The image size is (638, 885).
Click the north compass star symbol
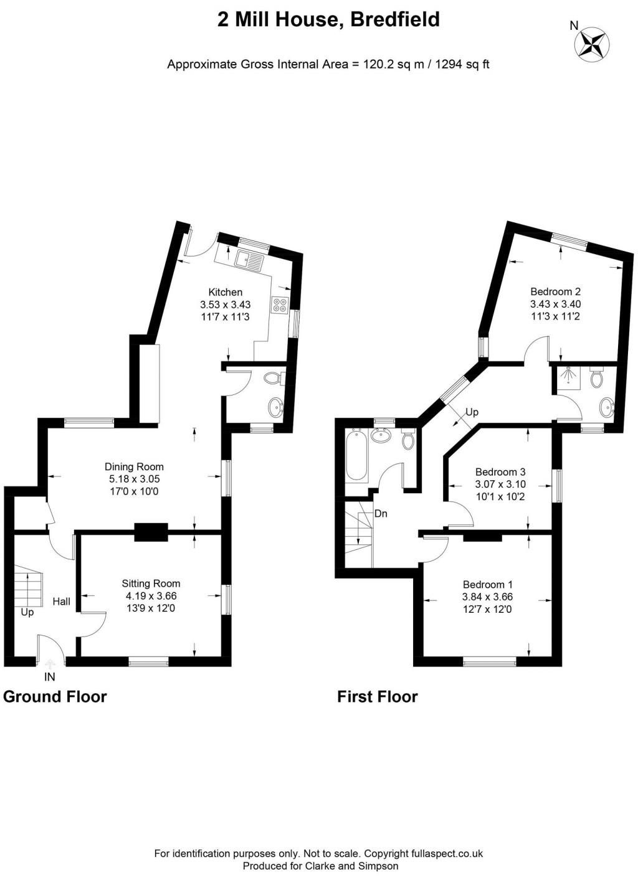[x=591, y=45]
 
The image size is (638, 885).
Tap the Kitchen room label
[x=225, y=292]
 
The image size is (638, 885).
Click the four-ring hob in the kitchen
[x=280, y=305]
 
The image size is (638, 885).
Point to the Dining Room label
[x=134, y=466]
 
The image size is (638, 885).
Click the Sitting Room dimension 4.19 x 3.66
[x=151, y=596]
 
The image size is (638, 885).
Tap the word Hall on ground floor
[x=61, y=602]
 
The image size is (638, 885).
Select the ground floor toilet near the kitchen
[x=272, y=378]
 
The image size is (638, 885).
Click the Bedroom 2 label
[x=555, y=291]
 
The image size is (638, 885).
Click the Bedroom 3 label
[x=500, y=472]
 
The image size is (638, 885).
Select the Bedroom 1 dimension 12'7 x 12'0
[x=487, y=609]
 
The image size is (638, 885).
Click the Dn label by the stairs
[x=381, y=514]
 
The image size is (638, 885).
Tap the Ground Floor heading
[x=55, y=697]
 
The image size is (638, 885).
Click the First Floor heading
[x=377, y=697]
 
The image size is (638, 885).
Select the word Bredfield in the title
[x=395, y=20]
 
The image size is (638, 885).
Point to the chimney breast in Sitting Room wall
[x=151, y=531]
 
